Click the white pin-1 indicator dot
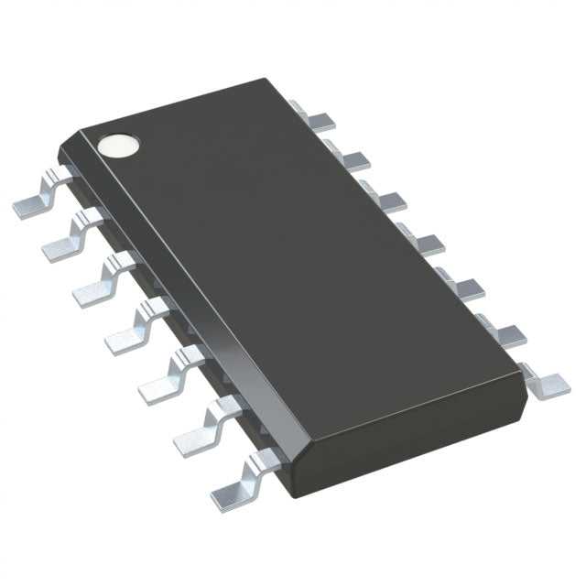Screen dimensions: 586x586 (x=120, y=145)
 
